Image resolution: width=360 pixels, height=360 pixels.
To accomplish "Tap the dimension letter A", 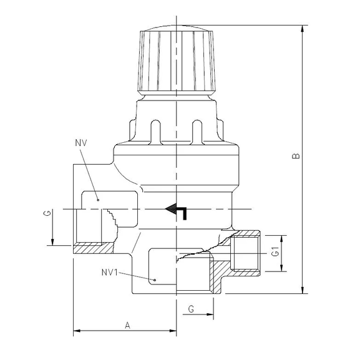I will point(127,324).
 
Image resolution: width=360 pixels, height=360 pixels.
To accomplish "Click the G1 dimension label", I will point(275,254).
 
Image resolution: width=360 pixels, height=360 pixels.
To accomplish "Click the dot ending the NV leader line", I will point(98,198).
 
